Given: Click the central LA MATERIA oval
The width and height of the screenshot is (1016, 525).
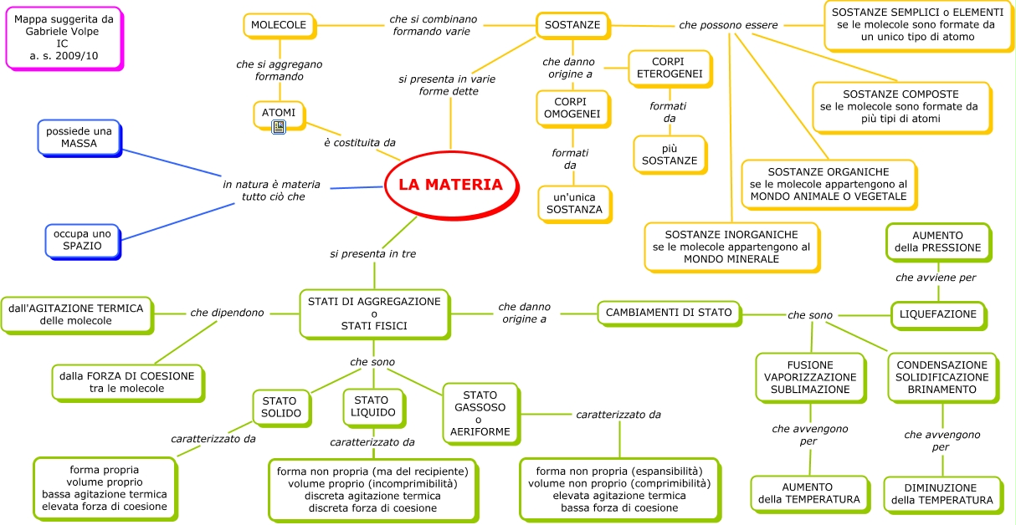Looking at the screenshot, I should [x=450, y=185].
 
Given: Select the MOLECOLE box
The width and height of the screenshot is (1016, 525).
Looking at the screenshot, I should [x=279, y=25].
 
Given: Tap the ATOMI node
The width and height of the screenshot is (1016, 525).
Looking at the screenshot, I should [x=279, y=112].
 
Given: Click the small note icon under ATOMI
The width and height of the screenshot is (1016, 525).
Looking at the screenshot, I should [x=279, y=127].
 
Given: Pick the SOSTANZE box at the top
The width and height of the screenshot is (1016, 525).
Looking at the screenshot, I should [x=572, y=25].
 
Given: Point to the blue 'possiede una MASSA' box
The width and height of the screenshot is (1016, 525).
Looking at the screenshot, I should [x=79, y=137].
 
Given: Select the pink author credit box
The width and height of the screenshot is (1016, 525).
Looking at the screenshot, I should [x=64, y=36].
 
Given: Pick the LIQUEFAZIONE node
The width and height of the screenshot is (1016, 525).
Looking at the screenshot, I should [x=938, y=314].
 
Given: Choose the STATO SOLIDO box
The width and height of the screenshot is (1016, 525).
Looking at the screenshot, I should [x=281, y=407].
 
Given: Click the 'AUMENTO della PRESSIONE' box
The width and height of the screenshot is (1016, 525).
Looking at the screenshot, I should [x=938, y=242].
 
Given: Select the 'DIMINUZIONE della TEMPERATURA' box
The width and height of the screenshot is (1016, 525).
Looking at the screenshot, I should [x=942, y=493].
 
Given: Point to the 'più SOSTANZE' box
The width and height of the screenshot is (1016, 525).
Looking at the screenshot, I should [x=669, y=154].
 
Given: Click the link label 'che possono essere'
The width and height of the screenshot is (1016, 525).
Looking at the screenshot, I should [x=728, y=25].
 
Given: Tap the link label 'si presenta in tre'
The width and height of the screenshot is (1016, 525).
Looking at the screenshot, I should [x=372, y=253].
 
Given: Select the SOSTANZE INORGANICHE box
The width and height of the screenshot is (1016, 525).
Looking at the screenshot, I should [x=731, y=247].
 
